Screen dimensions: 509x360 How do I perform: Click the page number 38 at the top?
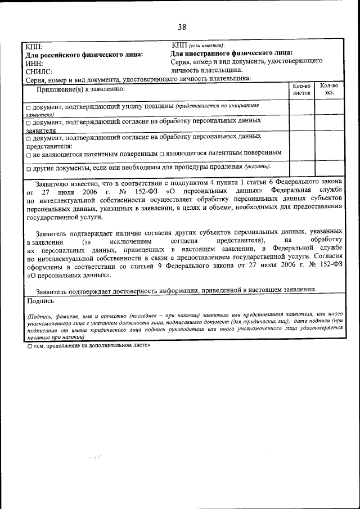point(182,26)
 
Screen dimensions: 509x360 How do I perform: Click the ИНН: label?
point(34,64)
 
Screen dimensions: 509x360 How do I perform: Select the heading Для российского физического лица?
point(84,55)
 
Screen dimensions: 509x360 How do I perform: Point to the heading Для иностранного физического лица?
point(231,53)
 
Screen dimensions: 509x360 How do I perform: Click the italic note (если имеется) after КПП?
point(206,45)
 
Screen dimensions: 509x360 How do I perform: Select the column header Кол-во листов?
point(301,89)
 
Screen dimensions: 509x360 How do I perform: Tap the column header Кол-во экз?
point(328,89)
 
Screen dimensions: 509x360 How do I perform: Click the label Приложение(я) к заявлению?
point(80,89)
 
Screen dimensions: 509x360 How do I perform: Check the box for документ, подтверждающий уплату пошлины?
point(28,107)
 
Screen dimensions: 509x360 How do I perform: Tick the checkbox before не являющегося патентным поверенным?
point(28,153)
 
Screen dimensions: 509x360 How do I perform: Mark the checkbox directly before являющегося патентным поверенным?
point(161,153)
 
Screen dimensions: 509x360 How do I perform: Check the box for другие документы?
point(28,168)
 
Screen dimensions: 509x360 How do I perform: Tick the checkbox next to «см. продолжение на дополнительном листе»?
point(30,347)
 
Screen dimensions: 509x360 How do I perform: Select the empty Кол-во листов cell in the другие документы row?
point(301,168)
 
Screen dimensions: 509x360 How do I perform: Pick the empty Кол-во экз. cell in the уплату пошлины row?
point(328,109)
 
